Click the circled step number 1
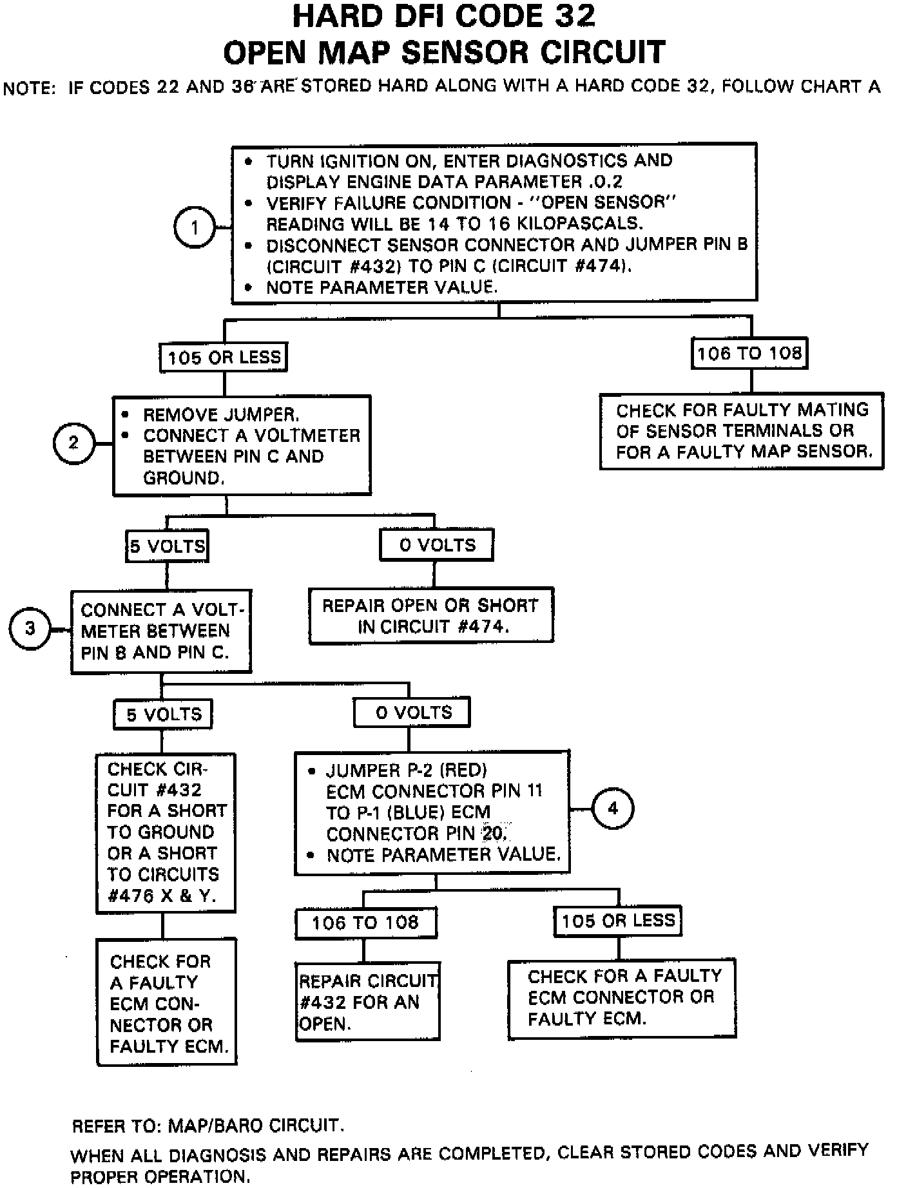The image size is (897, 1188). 195,227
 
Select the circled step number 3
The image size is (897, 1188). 30,628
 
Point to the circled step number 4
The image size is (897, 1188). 612,809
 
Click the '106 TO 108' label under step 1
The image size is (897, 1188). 749,353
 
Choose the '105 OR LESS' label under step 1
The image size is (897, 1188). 224,357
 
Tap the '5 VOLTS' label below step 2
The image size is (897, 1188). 168,546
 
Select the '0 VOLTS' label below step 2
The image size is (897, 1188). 437,545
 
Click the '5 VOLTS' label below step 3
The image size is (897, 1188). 163,714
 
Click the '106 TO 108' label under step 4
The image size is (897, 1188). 365,923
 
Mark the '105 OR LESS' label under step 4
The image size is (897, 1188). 617,921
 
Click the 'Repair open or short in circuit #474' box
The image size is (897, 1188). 430,615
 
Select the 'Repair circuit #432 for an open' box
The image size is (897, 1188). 367,1002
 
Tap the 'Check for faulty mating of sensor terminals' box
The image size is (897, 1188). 742,430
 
